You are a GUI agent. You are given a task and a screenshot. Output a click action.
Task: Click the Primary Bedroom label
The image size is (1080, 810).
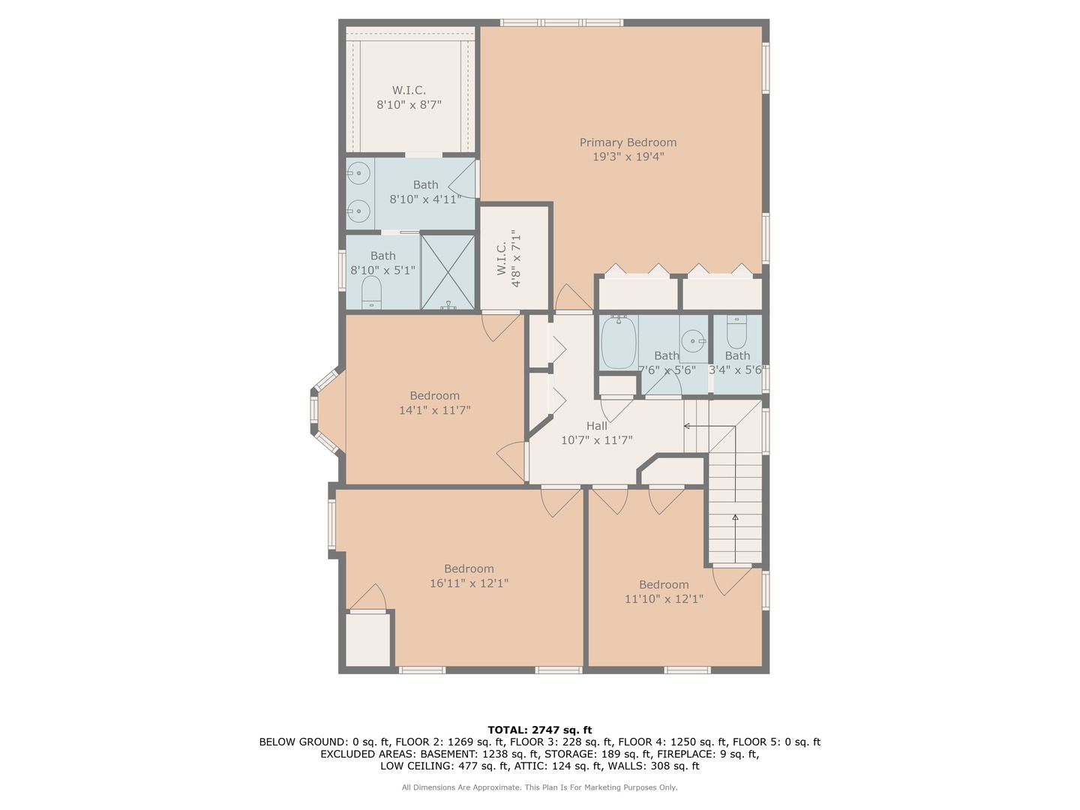[628, 142]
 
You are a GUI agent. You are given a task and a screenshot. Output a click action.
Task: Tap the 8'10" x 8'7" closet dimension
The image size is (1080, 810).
[409, 105]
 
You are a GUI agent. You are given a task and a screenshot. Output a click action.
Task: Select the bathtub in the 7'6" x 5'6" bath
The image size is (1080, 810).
[619, 343]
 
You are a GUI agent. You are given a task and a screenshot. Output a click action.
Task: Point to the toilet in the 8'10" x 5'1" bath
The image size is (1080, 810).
[371, 293]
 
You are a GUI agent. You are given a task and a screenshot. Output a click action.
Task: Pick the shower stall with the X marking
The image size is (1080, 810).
[448, 272]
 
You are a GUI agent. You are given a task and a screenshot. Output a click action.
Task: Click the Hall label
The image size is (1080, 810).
[596, 426]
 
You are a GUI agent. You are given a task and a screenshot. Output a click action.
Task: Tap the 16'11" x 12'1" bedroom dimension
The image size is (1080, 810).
[469, 583]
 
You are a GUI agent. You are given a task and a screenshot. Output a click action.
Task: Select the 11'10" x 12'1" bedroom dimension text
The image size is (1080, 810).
[664, 599]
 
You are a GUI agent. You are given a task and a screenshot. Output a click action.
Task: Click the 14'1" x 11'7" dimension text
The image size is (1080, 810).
[434, 410]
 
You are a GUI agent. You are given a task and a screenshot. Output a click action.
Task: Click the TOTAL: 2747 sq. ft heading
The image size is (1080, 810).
[540, 730]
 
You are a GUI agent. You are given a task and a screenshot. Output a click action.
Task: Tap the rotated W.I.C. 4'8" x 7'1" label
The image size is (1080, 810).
[508, 259]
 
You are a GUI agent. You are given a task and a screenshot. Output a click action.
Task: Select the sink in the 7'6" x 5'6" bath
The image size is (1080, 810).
[694, 340]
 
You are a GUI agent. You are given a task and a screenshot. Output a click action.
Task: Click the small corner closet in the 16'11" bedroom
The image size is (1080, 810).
[367, 639]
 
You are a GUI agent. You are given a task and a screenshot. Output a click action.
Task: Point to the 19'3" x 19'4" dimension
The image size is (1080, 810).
[628, 157]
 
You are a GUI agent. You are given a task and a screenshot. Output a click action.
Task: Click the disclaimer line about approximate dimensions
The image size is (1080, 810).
[540, 787]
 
